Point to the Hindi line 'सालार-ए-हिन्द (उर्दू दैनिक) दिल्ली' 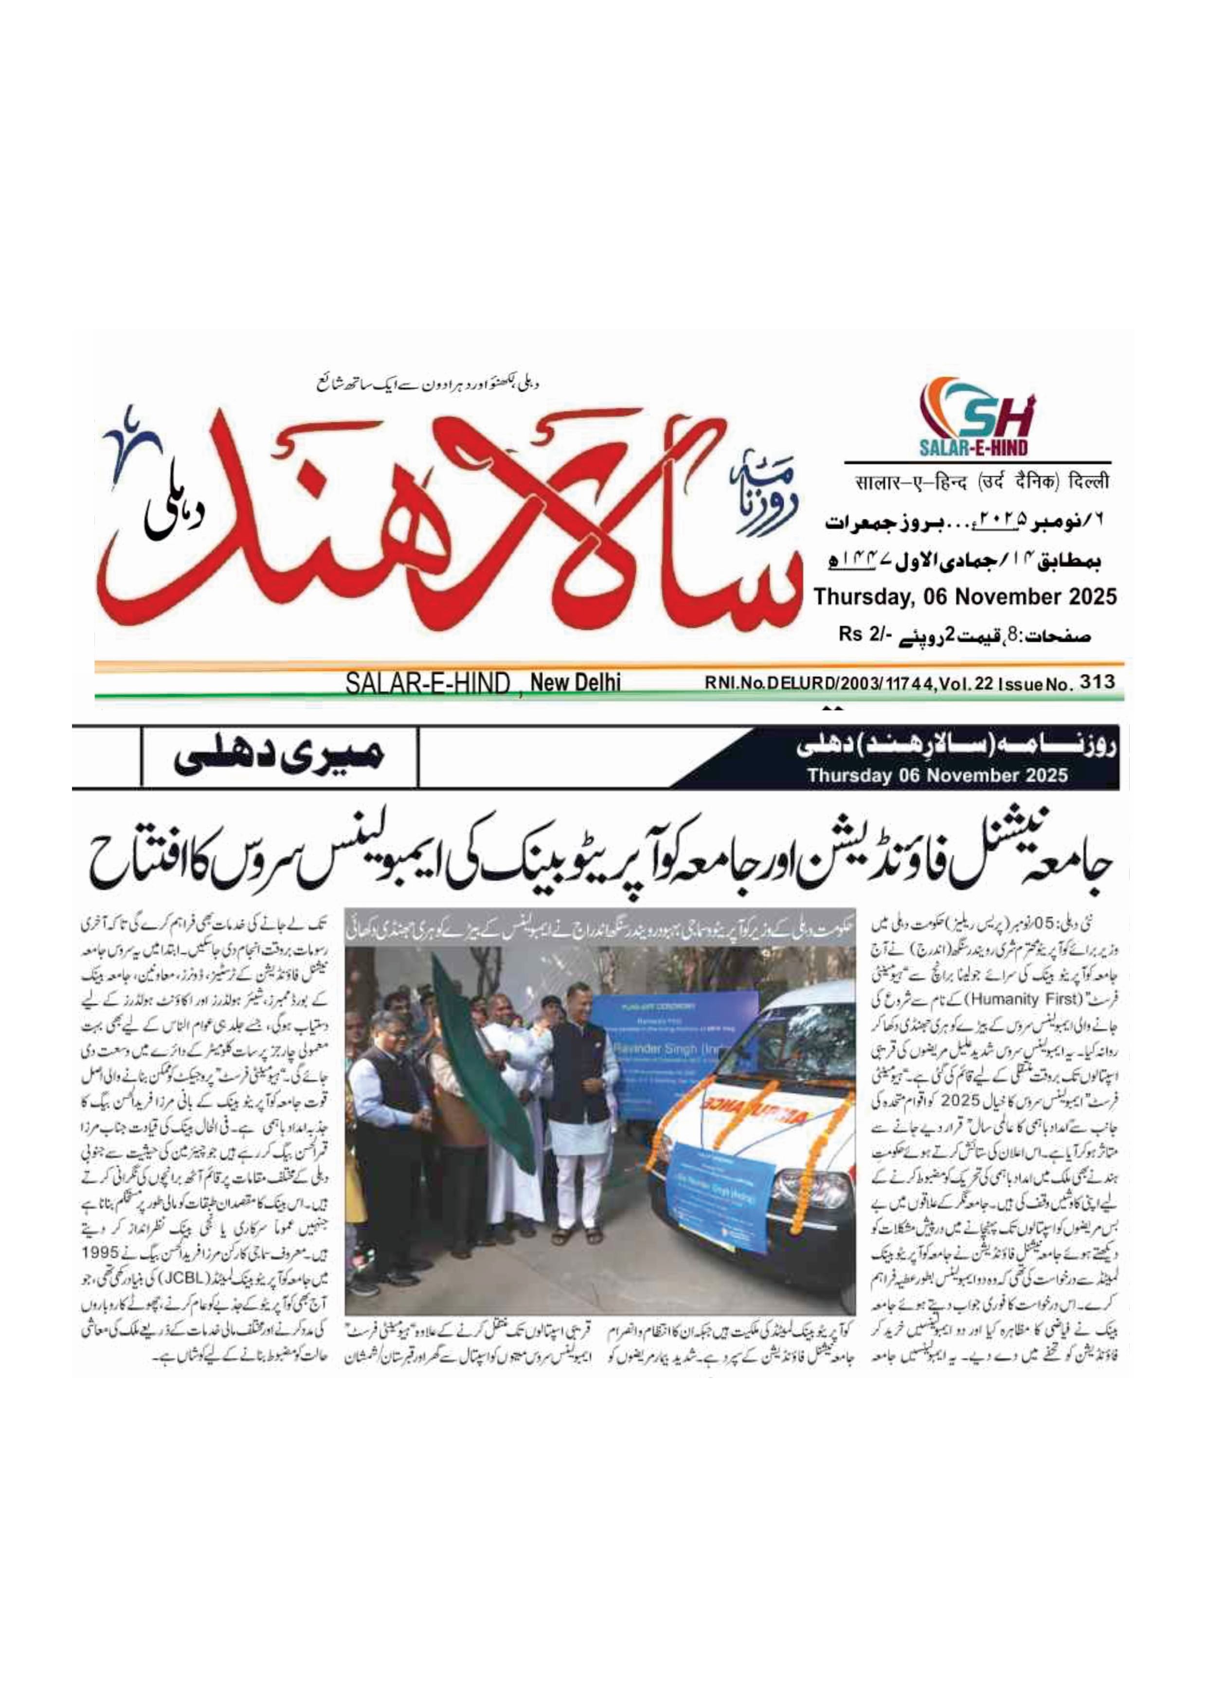click(x=980, y=483)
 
